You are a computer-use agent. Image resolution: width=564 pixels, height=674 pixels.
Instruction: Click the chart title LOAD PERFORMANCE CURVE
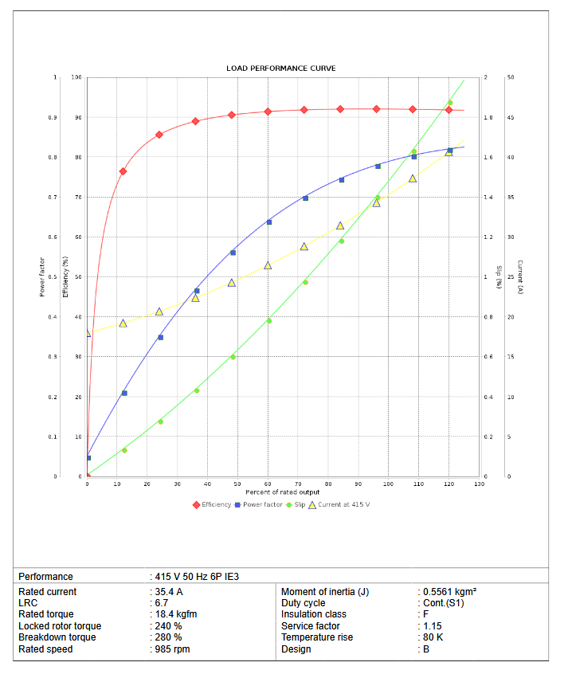[281, 69]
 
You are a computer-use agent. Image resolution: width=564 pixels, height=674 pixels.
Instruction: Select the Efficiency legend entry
[216, 504]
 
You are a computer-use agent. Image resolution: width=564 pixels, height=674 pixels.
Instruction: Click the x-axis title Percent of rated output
[283, 492]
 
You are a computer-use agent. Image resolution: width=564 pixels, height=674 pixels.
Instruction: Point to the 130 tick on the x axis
[479, 484]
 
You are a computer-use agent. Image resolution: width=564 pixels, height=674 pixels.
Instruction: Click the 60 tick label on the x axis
[268, 484]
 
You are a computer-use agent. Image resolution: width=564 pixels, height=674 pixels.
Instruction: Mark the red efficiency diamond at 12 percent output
[123, 171]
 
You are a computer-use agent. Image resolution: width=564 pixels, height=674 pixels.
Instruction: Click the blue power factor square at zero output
[88, 457]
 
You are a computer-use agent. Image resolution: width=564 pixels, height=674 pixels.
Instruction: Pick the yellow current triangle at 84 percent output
[340, 225]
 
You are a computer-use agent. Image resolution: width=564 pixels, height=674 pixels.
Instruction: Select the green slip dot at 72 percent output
[305, 282]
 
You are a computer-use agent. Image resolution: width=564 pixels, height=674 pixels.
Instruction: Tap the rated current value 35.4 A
[170, 592]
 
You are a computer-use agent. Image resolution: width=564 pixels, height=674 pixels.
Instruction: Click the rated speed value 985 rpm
[173, 649]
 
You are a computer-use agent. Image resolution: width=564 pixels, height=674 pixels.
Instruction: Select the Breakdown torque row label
[57, 637]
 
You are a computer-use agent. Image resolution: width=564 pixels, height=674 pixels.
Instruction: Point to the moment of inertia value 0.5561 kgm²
[450, 592]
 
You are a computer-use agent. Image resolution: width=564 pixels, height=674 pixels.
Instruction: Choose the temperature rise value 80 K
[433, 637]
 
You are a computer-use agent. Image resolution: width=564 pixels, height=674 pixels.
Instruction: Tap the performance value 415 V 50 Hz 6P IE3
[196, 576]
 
